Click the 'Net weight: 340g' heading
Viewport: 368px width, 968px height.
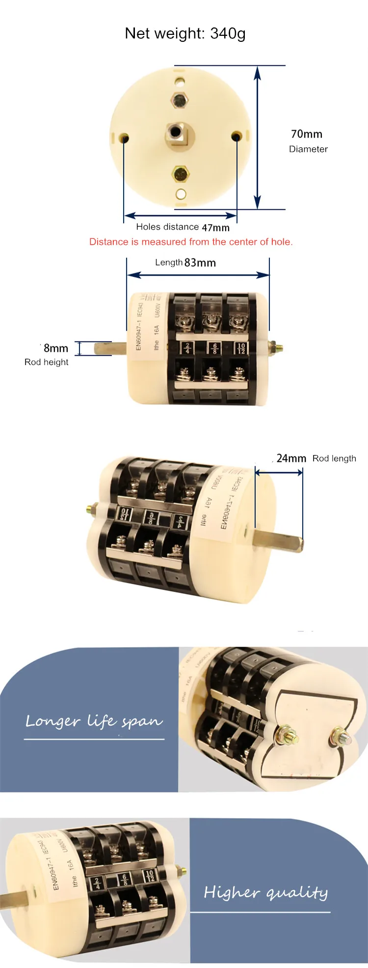pyautogui.click(x=185, y=33)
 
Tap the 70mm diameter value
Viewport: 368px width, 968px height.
pyautogui.click(x=306, y=134)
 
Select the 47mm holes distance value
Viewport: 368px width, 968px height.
pyautogui.click(x=215, y=228)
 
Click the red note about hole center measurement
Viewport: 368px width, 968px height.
pyautogui.click(x=191, y=242)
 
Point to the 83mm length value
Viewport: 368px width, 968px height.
pyautogui.click(x=200, y=263)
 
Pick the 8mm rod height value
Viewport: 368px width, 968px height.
pyautogui.click(x=55, y=348)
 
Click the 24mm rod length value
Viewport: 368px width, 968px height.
pyautogui.click(x=291, y=458)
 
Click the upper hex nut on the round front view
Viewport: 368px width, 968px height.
pyautogui.click(x=180, y=100)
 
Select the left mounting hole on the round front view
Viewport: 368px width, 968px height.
pyautogui.click(x=125, y=137)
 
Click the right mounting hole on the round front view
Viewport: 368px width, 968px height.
pyautogui.click(x=236, y=136)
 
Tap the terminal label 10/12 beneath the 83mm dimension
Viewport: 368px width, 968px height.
pyautogui.click(x=241, y=348)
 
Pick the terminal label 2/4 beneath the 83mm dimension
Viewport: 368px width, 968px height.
pyautogui.click(x=187, y=348)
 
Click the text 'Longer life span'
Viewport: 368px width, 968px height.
pyautogui.click(x=94, y=721)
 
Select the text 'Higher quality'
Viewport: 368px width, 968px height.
pyautogui.click(x=265, y=892)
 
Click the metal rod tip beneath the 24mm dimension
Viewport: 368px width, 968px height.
pyautogui.click(x=298, y=545)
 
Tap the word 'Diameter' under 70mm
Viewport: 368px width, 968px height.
pyautogui.click(x=308, y=149)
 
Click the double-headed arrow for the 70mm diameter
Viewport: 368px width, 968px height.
pyautogui.click(x=257, y=138)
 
